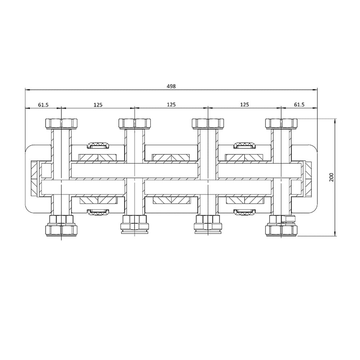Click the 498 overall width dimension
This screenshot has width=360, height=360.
click(171, 86)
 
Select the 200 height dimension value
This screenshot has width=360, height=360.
click(332, 177)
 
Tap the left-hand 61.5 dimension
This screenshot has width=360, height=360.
click(43, 105)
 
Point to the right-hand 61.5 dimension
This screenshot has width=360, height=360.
click(299, 105)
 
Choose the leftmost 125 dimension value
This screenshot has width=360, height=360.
click(98, 105)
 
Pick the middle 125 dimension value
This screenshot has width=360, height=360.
click(171, 105)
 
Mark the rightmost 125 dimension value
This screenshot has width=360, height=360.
click(244, 105)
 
